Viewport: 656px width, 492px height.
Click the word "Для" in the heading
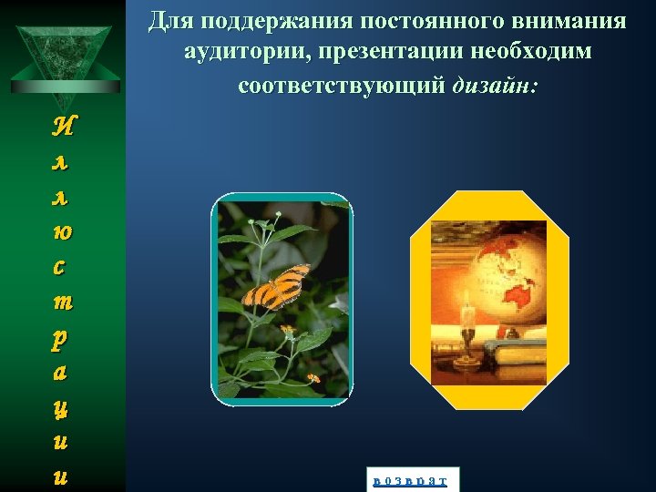(168, 20)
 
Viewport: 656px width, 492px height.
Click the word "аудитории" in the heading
(243, 52)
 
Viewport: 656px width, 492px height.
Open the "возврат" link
(410, 479)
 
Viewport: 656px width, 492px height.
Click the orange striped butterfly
(274, 287)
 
